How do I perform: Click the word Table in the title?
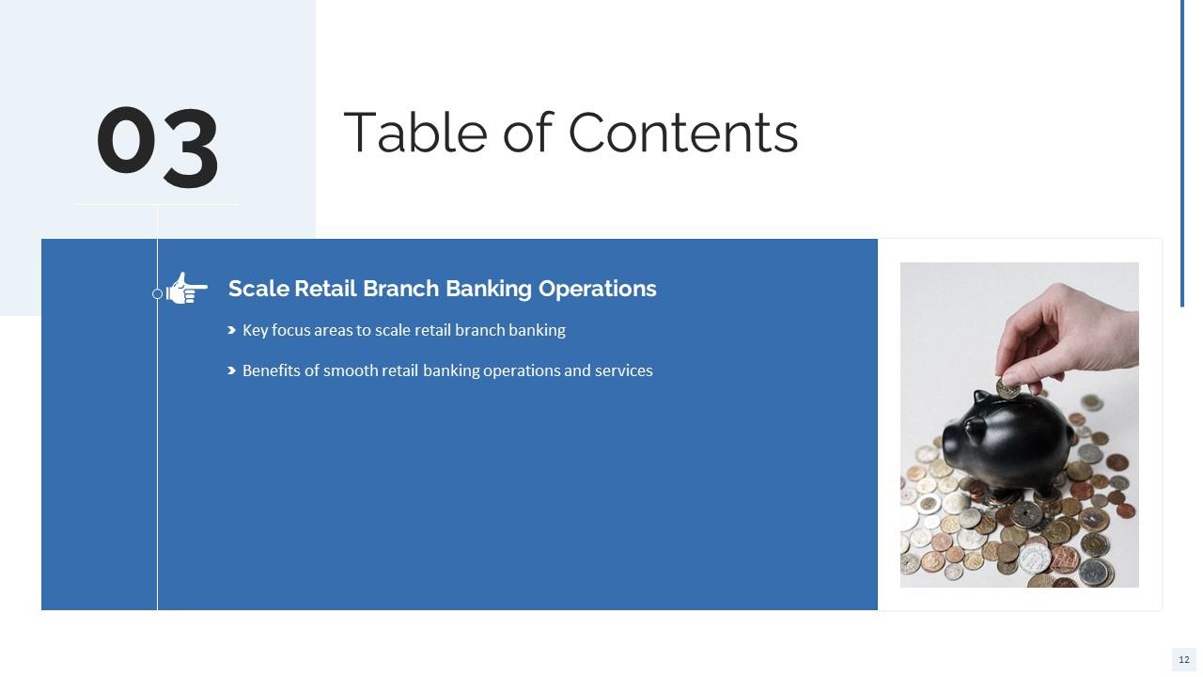pos(414,133)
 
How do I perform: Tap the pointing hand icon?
pos(187,289)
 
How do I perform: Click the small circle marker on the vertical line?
pos(157,294)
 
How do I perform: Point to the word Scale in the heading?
pos(258,289)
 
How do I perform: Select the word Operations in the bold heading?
pos(597,289)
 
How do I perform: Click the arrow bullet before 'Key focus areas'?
pos(231,330)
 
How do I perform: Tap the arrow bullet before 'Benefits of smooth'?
pos(231,370)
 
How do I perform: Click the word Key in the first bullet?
pos(255,330)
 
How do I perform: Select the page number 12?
pos(1183,660)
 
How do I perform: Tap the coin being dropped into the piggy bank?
pos(1007,387)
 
